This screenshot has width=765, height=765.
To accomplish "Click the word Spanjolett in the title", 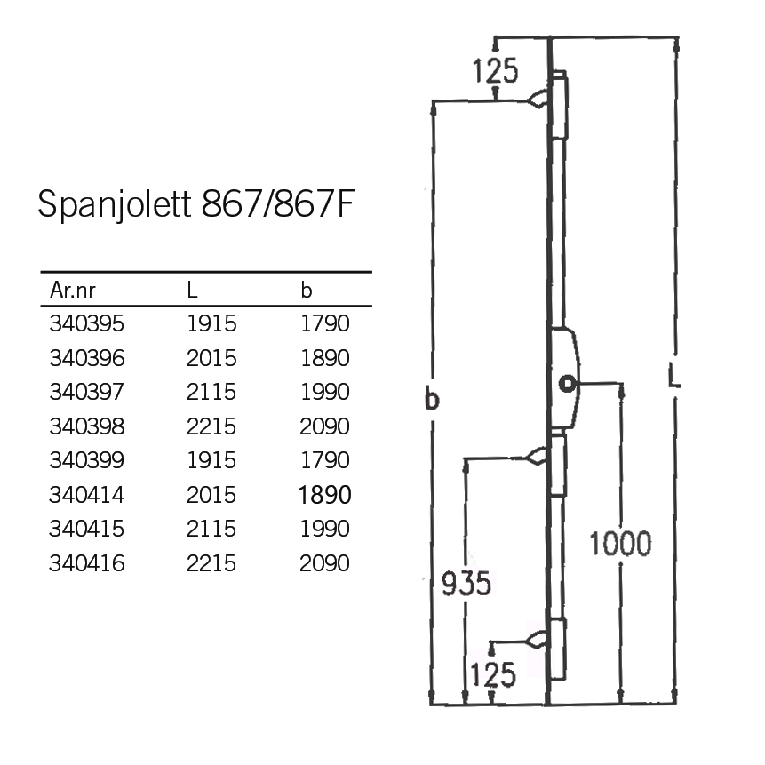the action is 114,205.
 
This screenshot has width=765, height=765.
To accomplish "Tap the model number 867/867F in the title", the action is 277,203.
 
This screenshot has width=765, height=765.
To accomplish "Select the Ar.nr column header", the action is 73,291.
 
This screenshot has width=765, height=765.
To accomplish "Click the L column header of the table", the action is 192,290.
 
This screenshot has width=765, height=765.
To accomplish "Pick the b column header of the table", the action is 306,290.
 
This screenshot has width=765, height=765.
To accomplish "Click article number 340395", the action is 87,323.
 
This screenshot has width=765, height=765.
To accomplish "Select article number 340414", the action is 87,495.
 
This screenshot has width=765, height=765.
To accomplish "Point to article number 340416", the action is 87,563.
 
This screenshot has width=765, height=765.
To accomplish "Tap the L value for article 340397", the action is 211,392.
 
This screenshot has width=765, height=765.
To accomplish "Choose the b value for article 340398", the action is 324,426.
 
